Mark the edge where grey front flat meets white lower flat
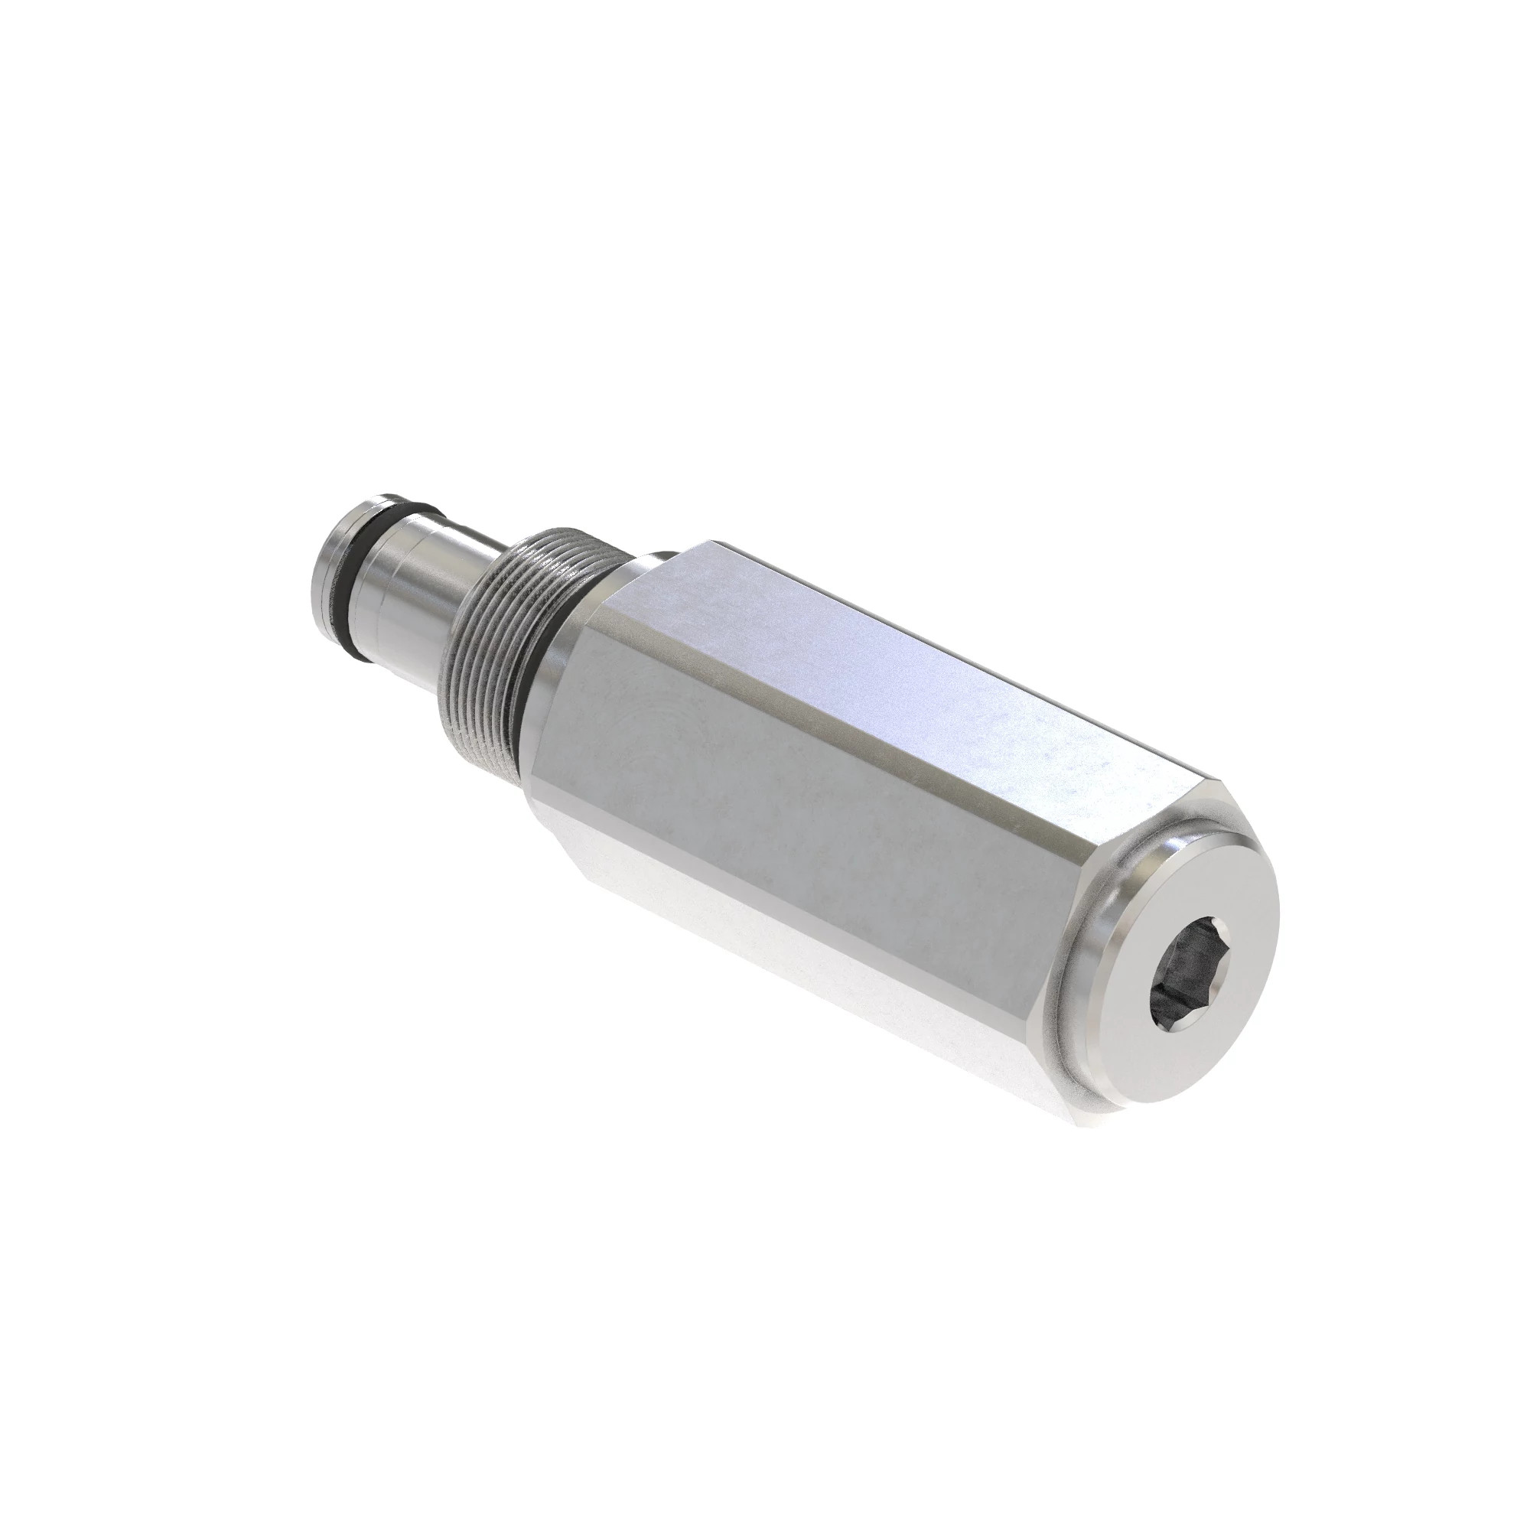[792, 895]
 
